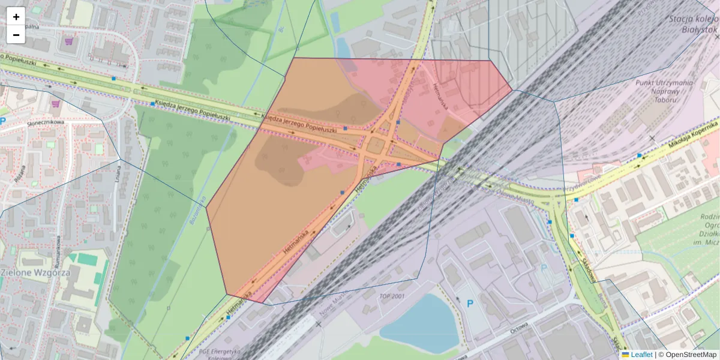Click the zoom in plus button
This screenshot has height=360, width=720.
click(x=16, y=17)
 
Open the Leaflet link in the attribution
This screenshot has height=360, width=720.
click(x=641, y=355)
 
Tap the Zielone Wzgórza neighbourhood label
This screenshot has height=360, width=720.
click(x=36, y=272)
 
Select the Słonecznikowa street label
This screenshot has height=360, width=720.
click(x=45, y=122)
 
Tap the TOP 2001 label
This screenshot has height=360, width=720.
click(x=393, y=296)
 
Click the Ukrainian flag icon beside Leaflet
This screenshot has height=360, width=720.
click(x=625, y=355)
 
